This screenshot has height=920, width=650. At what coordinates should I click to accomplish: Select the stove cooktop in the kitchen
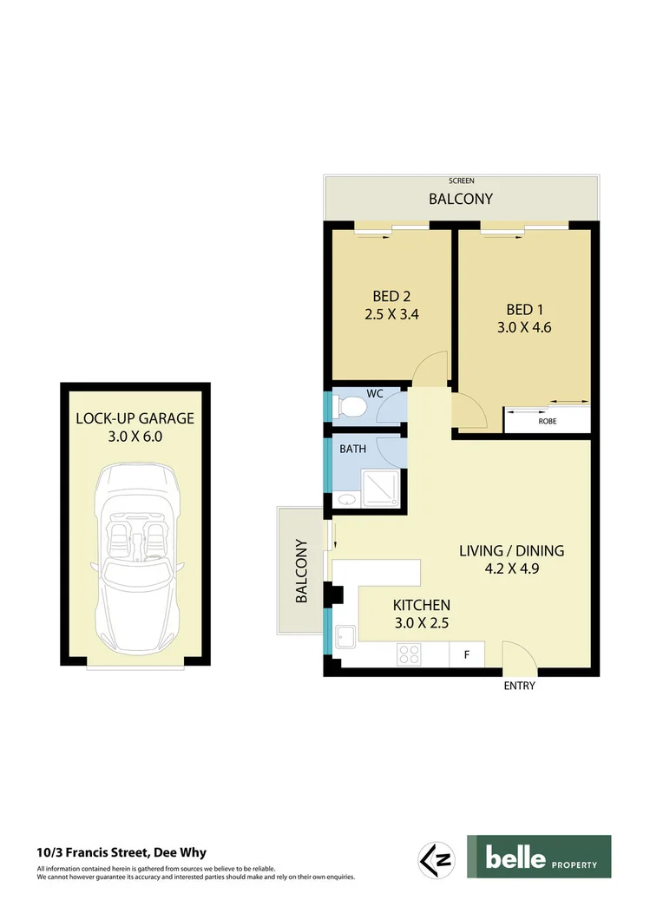pos(409,654)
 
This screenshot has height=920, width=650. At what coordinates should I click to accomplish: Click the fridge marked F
pos(467,654)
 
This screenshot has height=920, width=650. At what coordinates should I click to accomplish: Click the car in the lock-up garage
pos(134,555)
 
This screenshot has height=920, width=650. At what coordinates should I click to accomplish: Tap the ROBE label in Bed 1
pos(547,421)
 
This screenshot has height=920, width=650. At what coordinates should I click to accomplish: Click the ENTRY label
pos(520,686)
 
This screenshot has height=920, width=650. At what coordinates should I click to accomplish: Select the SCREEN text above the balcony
pos(461,181)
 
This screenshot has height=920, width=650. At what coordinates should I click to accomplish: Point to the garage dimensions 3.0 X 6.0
pos(135,437)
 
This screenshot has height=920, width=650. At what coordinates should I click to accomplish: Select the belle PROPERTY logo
pos(539,858)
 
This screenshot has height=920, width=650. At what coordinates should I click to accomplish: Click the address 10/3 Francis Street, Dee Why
pos(121,852)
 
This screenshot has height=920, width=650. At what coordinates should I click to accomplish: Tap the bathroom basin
pos(346,501)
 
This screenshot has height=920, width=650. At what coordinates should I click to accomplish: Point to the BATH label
pos(353,450)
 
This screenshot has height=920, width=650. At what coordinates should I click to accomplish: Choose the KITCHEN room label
pos(421,605)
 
